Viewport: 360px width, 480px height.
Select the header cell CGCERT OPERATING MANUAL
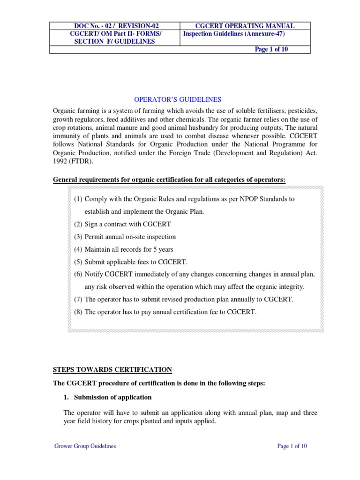pos(244,26)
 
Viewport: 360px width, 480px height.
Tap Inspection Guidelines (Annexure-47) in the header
pos(233,34)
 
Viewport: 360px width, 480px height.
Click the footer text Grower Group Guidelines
pos(85,446)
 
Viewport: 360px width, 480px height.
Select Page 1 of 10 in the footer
pos(292,446)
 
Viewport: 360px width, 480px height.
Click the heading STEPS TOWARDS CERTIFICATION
pos(112,370)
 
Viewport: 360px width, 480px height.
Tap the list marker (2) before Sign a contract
pos(78,224)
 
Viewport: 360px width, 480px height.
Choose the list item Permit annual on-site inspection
pos(130,237)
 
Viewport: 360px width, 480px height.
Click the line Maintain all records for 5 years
pos(129,249)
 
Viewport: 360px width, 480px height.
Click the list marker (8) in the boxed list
pos(78,312)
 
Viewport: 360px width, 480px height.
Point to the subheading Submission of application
pos(112,397)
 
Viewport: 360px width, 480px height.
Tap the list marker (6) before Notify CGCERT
pos(78,274)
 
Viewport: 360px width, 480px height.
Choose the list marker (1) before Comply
pos(78,199)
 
